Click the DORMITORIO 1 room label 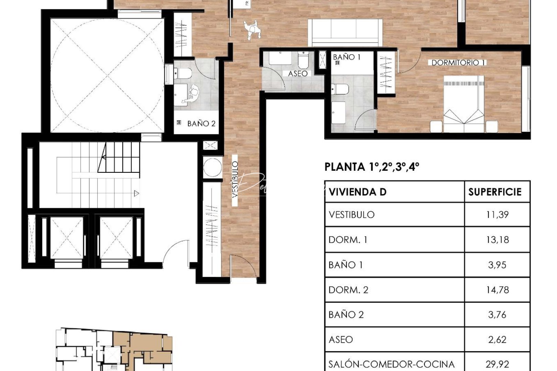[x=458, y=63]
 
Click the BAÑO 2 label [x=201, y=124]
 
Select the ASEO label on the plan [x=298, y=74]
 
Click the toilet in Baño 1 [x=340, y=89]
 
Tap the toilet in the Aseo [x=303, y=60]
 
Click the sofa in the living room [x=345, y=33]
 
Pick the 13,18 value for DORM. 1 [x=497, y=240]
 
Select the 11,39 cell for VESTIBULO [x=497, y=215]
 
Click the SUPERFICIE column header [x=495, y=192]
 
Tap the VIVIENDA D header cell [x=358, y=192]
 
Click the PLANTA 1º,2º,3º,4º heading [x=372, y=167]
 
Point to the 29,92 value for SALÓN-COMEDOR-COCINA [x=497, y=364]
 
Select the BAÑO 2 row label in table [x=346, y=315]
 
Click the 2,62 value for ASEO [x=497, y=339]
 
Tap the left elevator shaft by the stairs [x=67, y=237]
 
